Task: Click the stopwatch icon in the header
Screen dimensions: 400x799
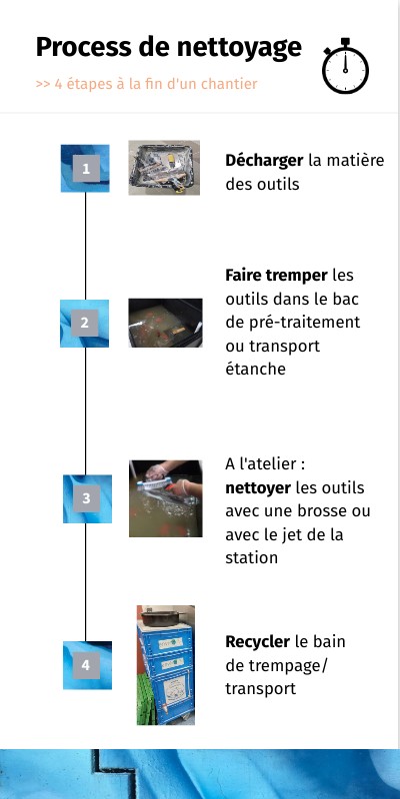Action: click(345, 66)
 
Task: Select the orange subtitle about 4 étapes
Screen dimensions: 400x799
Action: click(146, 84)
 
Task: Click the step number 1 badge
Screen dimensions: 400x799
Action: click(86, 169)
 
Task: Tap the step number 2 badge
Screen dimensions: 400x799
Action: click(84, 323)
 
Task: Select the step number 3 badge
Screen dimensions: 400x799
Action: click(87, 498)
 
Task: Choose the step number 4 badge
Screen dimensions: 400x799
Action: click(87, 665)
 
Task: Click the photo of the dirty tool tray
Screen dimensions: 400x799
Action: click(164, 168)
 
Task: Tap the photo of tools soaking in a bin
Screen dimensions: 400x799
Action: click(165, 323)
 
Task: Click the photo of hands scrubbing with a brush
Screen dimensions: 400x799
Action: click(166, 498)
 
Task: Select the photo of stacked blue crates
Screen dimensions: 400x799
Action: click(166, 665)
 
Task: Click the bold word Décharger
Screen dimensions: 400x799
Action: click(264, 161)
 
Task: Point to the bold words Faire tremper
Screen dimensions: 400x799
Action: click(277, 277)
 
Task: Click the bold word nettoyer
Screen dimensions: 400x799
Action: click(258, 488)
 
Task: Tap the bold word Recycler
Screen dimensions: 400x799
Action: click(258, 642)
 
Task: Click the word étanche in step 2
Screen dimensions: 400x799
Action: click(256, 369)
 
